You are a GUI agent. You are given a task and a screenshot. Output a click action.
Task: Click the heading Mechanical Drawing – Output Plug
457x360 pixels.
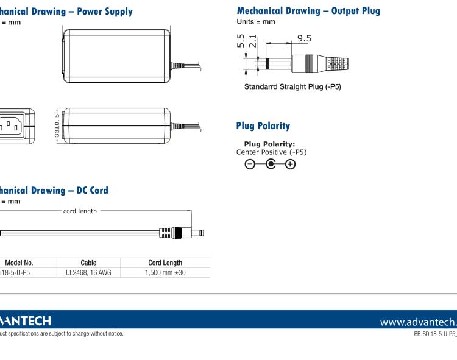coord(308,11)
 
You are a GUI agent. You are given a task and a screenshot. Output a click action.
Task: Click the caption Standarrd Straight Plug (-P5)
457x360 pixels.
coord(292,86)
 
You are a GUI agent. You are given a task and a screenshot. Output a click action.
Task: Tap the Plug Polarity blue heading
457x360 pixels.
coord(263,126)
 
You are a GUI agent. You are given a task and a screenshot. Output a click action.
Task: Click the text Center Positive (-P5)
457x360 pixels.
coord(271,152)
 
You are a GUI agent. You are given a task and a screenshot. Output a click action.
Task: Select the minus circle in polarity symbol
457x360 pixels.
coord(249,164)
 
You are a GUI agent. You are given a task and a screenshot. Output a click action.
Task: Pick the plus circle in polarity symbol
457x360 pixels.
coord(291,164)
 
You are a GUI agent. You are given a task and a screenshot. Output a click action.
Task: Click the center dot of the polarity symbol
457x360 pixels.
coord(270,164)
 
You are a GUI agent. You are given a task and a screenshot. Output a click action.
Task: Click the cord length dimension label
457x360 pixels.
coord(80,211)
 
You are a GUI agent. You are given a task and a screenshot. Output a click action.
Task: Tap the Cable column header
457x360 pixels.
coord(88,263)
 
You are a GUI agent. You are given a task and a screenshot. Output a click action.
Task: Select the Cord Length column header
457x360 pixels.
coord(165,263)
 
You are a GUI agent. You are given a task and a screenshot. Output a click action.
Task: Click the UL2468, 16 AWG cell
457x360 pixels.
coord(88,273)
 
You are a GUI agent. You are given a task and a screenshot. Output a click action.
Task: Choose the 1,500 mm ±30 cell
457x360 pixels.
coord(165,273)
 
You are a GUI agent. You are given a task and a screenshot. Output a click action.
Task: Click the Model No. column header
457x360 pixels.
coord(18,263)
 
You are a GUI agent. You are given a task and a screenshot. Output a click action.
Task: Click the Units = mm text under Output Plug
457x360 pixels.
coord(255,22)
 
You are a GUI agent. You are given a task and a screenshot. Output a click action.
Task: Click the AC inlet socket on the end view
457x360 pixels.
coord(12,126)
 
